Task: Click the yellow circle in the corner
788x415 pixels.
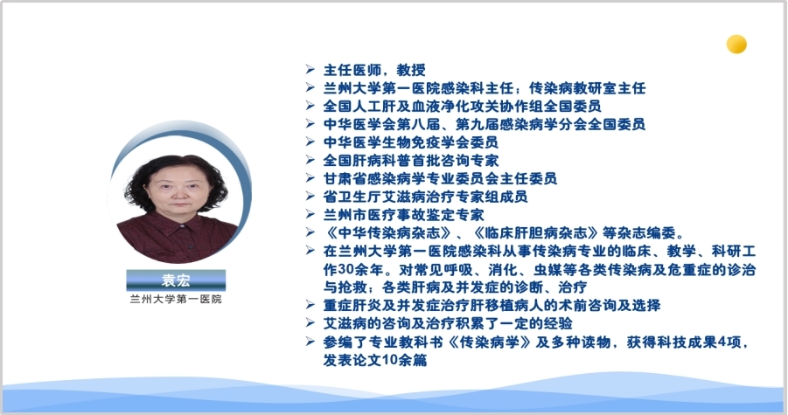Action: (x=736, y=45)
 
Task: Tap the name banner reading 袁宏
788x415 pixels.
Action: (x=176, y=280)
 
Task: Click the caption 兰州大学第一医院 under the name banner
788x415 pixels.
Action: (x=176, y=300)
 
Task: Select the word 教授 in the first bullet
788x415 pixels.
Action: (x=411, y=70)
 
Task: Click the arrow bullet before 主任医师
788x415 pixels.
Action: (x=310, y=69)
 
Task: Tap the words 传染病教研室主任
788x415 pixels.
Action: (x=588, y=88)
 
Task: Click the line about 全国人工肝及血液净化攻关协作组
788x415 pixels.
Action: (x=462, y=107)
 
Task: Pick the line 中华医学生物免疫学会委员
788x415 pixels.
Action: (x=410, y=142)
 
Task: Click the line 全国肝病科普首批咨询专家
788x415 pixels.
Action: (x=410, y=161)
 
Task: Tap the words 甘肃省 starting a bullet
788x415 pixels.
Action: (x=345, y=178)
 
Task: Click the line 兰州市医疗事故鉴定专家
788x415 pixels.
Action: (x=403, y=215)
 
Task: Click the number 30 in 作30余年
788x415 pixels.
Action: (x=345, y=269)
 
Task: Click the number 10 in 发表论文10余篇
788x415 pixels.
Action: (x=389, y=360)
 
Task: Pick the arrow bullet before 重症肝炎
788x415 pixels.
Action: (x=310, y=305)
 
